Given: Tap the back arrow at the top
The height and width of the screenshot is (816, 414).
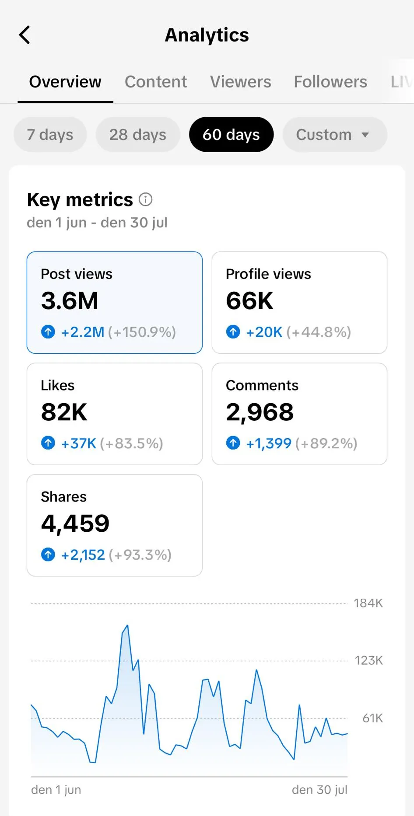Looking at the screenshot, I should pyautogui.click(x=25, y=35).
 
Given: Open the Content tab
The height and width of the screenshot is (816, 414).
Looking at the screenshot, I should pyautogui.click(x=156, y=82).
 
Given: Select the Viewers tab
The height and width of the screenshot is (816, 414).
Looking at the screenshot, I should pyautogui.click(x=240, y=82).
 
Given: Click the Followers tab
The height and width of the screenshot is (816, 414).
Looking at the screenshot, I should pyautogui.click(x=330, y=82).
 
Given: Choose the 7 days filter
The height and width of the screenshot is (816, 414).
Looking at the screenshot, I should pyautogui.click(x=50, y=135).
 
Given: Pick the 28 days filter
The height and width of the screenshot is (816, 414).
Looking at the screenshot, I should pyautogui.click(x=138, y=135).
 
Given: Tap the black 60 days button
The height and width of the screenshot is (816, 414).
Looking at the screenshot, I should pyautogui.click(x=231, y=135).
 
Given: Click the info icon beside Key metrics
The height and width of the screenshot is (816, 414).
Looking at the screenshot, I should pyautogui.click(x=146, y=200).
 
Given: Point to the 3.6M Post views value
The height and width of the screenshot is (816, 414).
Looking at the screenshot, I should pyautogui.click(x=70, y=301).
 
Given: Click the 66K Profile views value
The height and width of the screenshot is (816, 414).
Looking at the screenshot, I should pyautogui.click(x=249, y=301).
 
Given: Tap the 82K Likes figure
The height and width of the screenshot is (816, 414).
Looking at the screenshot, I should pyautogui.click(x=64, y=412).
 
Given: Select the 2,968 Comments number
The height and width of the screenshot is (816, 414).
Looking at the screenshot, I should pyautogui.click(x=260, y=412).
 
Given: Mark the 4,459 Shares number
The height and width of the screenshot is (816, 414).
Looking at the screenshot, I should pyautogui.click(x=75, y=523).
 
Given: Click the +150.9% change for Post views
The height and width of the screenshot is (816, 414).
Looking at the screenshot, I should pyautogui.click(x=142, y=332).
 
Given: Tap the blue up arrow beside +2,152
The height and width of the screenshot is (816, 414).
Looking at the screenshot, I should pyautogui.click(x=48, y=555).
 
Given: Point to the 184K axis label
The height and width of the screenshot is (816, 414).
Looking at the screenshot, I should pyautogui.click(x=368, y=603).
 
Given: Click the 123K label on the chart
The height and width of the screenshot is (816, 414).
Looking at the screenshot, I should pyautogui.click(x=368, y=660).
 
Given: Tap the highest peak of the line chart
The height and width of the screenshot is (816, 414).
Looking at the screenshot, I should pyautogui.click(x=127, y=626).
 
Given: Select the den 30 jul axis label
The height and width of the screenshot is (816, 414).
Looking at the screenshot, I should pyautogui.click(x=319, y=790).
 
